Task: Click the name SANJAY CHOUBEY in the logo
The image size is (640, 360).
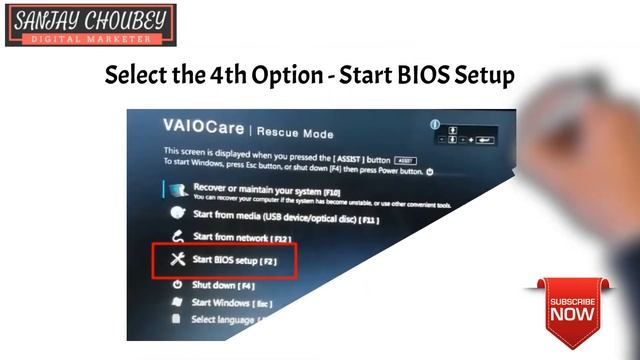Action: pyautogui.click(x=89, y=20)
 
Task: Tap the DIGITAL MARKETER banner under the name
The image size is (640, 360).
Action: pyautogui.click(x=89, y=38)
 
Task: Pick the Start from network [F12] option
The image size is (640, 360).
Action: pyautogui.click(x=240, y=237)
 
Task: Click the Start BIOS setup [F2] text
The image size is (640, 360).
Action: pyautogui.click(x=234, y=260)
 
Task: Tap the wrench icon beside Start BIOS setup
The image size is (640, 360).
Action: pyautogui.click(x=177, y=260)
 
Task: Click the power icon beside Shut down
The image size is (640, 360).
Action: pyautogui.click(x=176, y=285)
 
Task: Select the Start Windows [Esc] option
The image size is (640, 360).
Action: pyautogui.click(x=231, y=302)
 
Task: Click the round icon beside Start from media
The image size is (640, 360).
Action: pyautogui.click(x=177, y=214)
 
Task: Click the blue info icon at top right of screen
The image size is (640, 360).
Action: pyautogui.click(x=435, y=125)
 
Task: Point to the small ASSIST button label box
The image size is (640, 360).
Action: pyautogui.click(x=407, y=160)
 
